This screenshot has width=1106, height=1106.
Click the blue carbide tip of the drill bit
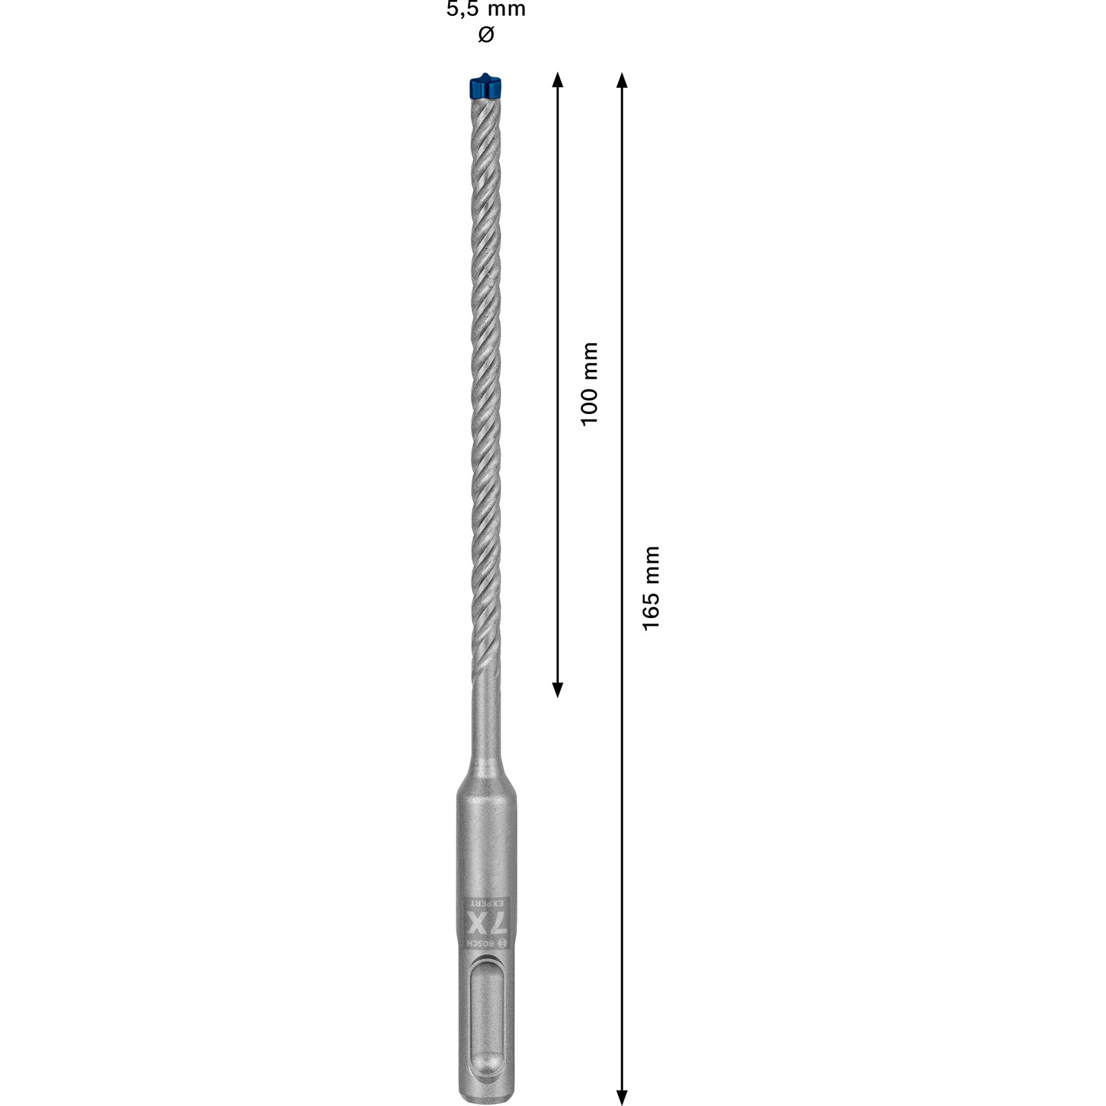(x=485, y=86)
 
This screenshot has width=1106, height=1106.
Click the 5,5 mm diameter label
(x=486, y=9)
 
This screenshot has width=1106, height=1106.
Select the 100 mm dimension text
(x=589, y=384)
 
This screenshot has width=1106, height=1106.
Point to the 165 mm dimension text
(x=651, y=588)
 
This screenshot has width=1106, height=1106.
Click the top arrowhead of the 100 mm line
(x=558, y=79)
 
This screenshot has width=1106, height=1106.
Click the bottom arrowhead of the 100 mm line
(x=558, y=689)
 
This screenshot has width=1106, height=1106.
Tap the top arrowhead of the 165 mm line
(x=621, y=79)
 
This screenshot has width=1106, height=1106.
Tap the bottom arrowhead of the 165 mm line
(x=621, y=1097)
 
